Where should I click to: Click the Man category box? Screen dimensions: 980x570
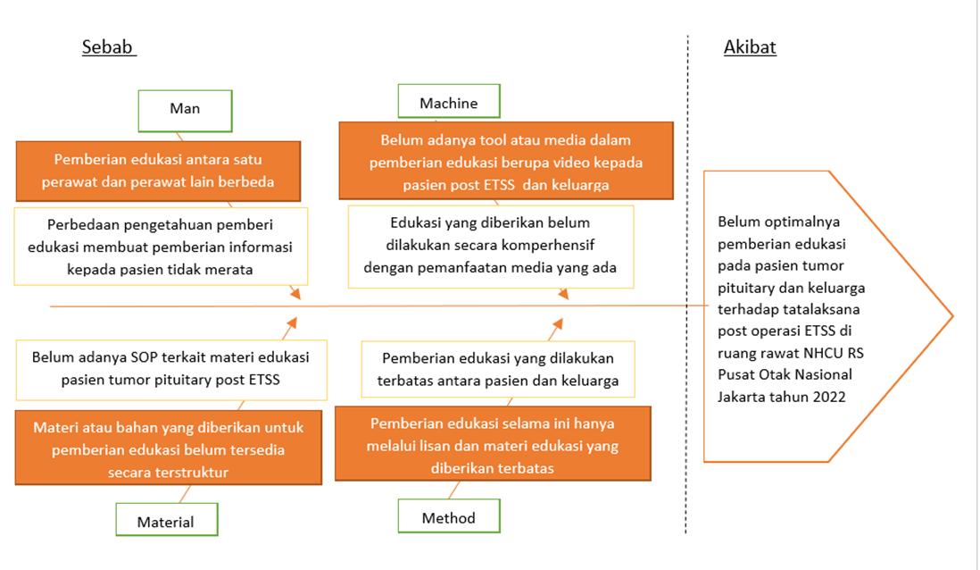(x=185, y=110)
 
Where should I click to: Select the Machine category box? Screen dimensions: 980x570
(x=449, y=104)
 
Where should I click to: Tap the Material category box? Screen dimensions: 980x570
(x=166, y=521)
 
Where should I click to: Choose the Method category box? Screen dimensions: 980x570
(x=449, y=517)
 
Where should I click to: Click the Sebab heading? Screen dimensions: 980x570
(x=109, y=47)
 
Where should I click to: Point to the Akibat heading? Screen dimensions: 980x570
(x=750, y=47)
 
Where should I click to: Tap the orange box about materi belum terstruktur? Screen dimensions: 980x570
(x=168, y=449)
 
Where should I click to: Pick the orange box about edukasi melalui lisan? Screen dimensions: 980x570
(x=493, y=445)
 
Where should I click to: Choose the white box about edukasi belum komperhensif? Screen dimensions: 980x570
(x=490, y=245)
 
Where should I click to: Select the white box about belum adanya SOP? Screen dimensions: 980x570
(x=170, y=368)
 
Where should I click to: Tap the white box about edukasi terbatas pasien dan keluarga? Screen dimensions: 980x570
(x=498, y=369)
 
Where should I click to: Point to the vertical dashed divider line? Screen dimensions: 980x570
(x=687, y=286)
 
